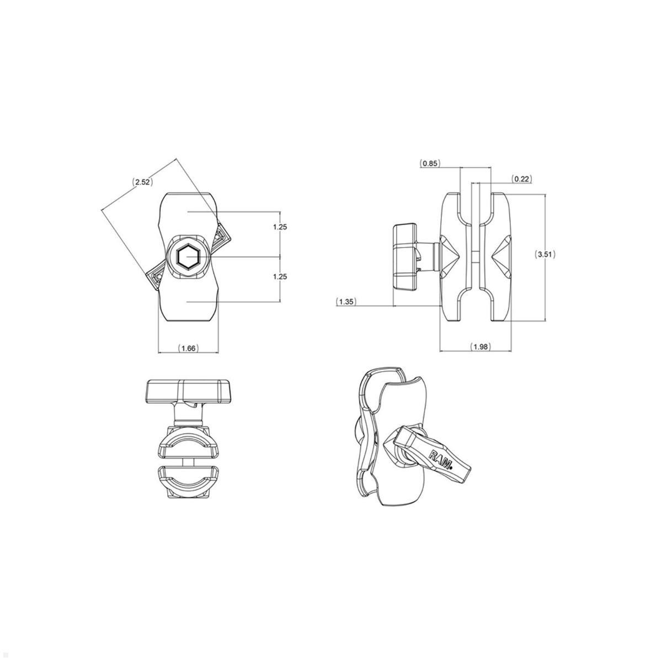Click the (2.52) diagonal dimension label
coord(142,181)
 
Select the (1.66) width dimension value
coord(189,348)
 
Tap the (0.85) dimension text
coord(430,163)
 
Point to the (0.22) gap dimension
coord(521,178)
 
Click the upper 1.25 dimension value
coord(280,227)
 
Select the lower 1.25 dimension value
coord(280,277)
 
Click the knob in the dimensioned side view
coord(406,257)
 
